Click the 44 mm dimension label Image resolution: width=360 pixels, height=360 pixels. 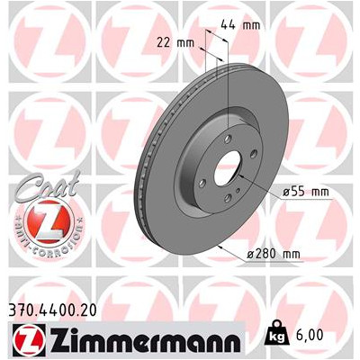coord(240,25)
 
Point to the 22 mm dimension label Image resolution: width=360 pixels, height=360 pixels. coord(175,43)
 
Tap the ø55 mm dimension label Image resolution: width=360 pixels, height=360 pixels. coord(306,192)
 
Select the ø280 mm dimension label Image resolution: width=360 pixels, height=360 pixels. coord(274,254)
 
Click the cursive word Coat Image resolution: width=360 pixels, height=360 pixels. coord(49,185)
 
